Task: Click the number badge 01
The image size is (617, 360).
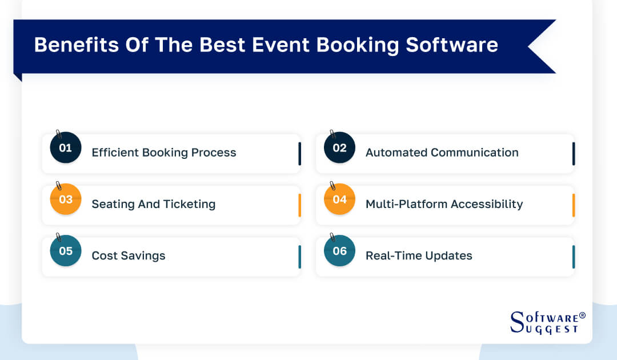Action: pos(66,148)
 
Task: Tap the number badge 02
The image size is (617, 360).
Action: pos(339,148)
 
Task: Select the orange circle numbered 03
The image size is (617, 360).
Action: pos(66,199)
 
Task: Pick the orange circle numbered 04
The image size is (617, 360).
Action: pos(339,199)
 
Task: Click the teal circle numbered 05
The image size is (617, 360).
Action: pos(66,251)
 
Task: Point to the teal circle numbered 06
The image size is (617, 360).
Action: pos(339,251)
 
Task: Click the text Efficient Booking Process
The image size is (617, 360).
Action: pos(164,153)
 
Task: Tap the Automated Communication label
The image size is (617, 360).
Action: pos(442,153)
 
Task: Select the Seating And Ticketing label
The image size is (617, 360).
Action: pos(153,204)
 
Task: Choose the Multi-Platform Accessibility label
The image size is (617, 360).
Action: pos(444,204)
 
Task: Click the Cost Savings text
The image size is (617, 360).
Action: pos(129,255)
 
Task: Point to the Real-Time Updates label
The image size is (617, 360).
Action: pos(419,255)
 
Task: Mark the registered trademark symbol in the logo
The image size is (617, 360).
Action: pos(582,315)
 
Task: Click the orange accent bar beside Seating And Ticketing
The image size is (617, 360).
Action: pos(299,205)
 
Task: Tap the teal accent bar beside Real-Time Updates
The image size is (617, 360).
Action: pos(574,257)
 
